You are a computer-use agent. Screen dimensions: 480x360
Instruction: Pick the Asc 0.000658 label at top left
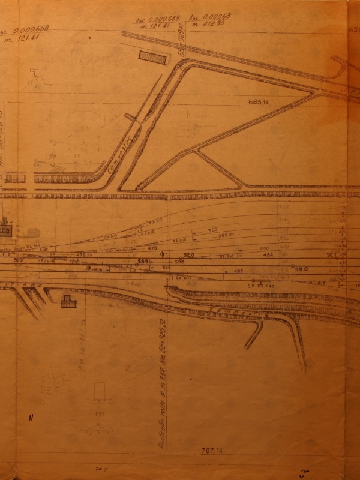click(25, 30)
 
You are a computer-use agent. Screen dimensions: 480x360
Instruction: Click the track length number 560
click(212, 230)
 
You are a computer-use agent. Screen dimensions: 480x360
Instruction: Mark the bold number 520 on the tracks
click(189, 255)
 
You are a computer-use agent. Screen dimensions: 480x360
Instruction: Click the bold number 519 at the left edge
click(18, 260)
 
